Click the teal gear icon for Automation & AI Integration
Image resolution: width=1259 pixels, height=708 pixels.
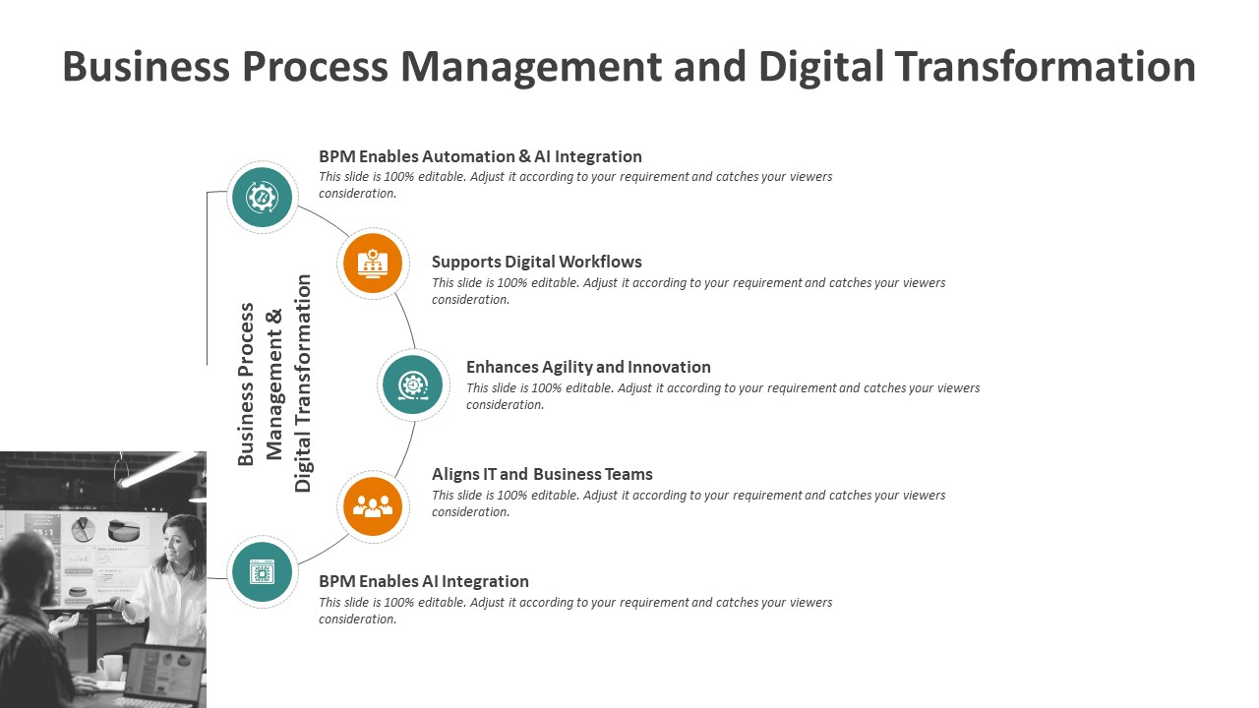tap(262, 198)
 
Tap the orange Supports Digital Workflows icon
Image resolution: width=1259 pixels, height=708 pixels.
tap(373, 263)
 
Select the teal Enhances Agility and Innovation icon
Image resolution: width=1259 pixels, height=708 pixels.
tap(412, 384)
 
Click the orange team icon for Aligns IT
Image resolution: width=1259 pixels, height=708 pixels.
tap(373, 506)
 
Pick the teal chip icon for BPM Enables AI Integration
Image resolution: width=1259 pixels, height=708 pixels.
tap(262, 572)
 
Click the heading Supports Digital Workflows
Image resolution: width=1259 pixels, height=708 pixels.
tap(536, 262)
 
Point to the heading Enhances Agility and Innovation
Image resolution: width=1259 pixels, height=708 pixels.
tap(588, 367)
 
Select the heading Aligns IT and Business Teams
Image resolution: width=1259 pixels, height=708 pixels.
tap(542, 474)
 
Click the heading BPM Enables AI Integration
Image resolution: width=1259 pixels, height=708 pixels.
tap(423, 581)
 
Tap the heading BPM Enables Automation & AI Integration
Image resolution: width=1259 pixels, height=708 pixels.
tap(480, 156)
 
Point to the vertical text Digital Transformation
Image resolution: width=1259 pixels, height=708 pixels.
tap(302, 383)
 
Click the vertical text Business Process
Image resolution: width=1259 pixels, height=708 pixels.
tap(246, 384)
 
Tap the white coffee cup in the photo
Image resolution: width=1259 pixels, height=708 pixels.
tap(111, 668)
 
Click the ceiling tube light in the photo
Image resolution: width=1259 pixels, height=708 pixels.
tap(159, 469)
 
